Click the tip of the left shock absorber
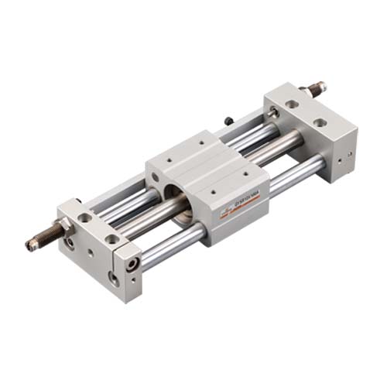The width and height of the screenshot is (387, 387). click(x=29, y=245)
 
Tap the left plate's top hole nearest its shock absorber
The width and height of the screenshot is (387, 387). click(x=85, y=219)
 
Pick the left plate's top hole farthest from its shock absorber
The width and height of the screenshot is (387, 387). click(x=113, y=239)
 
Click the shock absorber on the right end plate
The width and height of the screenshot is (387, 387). click(x=313, y=89)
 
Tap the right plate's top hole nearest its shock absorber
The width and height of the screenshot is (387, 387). click(x=292, y=103)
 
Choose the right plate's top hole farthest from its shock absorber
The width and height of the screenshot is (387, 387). click(x=320, y=123)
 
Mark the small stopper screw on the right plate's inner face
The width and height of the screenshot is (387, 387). click(x=273, y=113)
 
